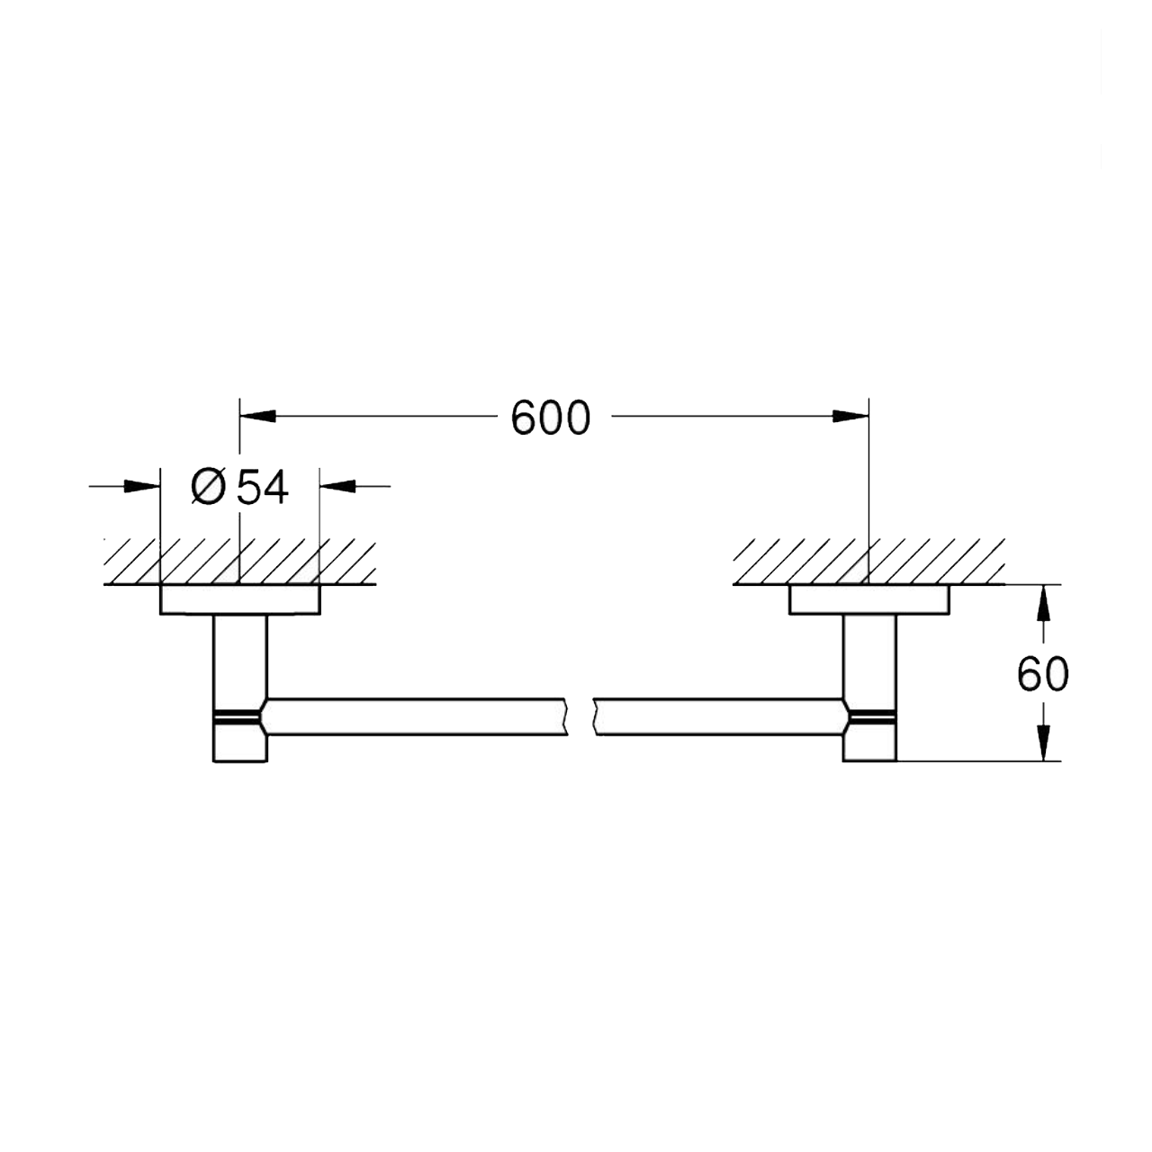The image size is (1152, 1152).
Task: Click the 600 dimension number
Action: click(551, 418)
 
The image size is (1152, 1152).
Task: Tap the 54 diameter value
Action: click(263, 487)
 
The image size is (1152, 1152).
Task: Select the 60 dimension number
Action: click(1042, 674)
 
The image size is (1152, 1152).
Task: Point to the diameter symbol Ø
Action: click(208, 487)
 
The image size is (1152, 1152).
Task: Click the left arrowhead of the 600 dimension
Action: click(257, 416)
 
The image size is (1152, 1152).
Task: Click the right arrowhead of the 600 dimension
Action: click(850, 416)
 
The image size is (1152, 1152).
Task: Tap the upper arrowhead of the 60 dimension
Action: click(1043, 603)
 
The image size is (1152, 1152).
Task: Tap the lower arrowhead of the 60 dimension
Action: click(1043, 743)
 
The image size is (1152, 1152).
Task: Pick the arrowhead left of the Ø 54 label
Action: click(142, 486)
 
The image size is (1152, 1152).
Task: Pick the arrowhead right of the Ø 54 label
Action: click(337, 486)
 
